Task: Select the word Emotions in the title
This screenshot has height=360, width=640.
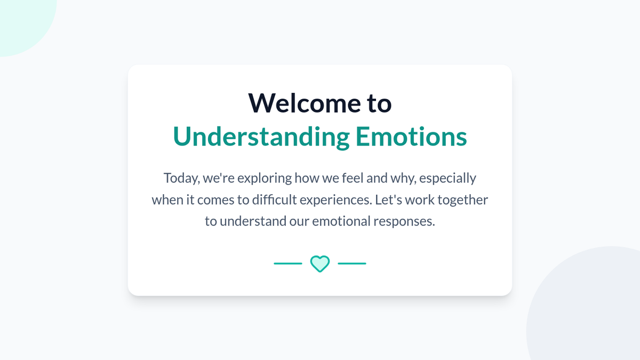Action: (411, 137)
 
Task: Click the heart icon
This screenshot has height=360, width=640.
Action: (320, 263)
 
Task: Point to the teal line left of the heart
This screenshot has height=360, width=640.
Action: (288, 263)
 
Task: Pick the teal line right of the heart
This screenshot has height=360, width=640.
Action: (352, 263)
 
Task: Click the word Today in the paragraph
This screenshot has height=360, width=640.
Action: (182, 179)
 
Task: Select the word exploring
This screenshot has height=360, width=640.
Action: (265, 179)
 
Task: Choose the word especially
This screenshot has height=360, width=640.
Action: (447, 179)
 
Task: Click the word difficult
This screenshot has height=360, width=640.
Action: (274, 199)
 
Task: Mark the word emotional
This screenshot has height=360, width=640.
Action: (341, 221)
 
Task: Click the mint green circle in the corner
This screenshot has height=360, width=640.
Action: (23, 23)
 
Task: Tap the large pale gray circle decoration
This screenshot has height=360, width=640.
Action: (589, 309)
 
